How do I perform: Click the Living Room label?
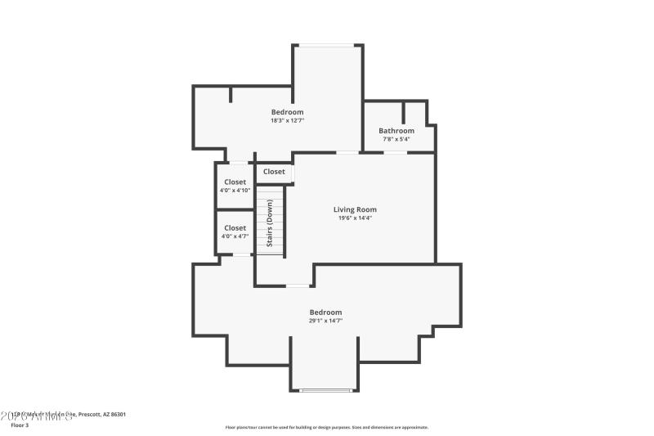click(355, 209)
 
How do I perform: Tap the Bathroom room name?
click(396, 131)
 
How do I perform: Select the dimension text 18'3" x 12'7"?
click(287, 121)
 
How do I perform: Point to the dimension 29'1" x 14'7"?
click(325, 321)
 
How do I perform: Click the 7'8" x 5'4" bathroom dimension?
click(396, 139)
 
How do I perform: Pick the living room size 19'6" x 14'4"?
click(355, 218)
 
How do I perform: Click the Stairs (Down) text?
click(269, 223)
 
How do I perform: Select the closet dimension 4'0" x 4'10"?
click(235, 191)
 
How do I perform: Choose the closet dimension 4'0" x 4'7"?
click(235, 236)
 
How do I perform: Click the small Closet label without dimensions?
click(274, 172)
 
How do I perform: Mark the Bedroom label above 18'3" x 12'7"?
click(287, 112)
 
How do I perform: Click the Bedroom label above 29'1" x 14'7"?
click(325, 312)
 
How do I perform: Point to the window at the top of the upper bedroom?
click(327, 45)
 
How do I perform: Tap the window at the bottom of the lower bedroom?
click(325, 390)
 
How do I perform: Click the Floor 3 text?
click(20, 425)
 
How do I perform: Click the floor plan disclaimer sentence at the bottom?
click(326, 427)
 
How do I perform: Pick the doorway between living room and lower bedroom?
click(298, 285)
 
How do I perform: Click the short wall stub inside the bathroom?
click(403, 112)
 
